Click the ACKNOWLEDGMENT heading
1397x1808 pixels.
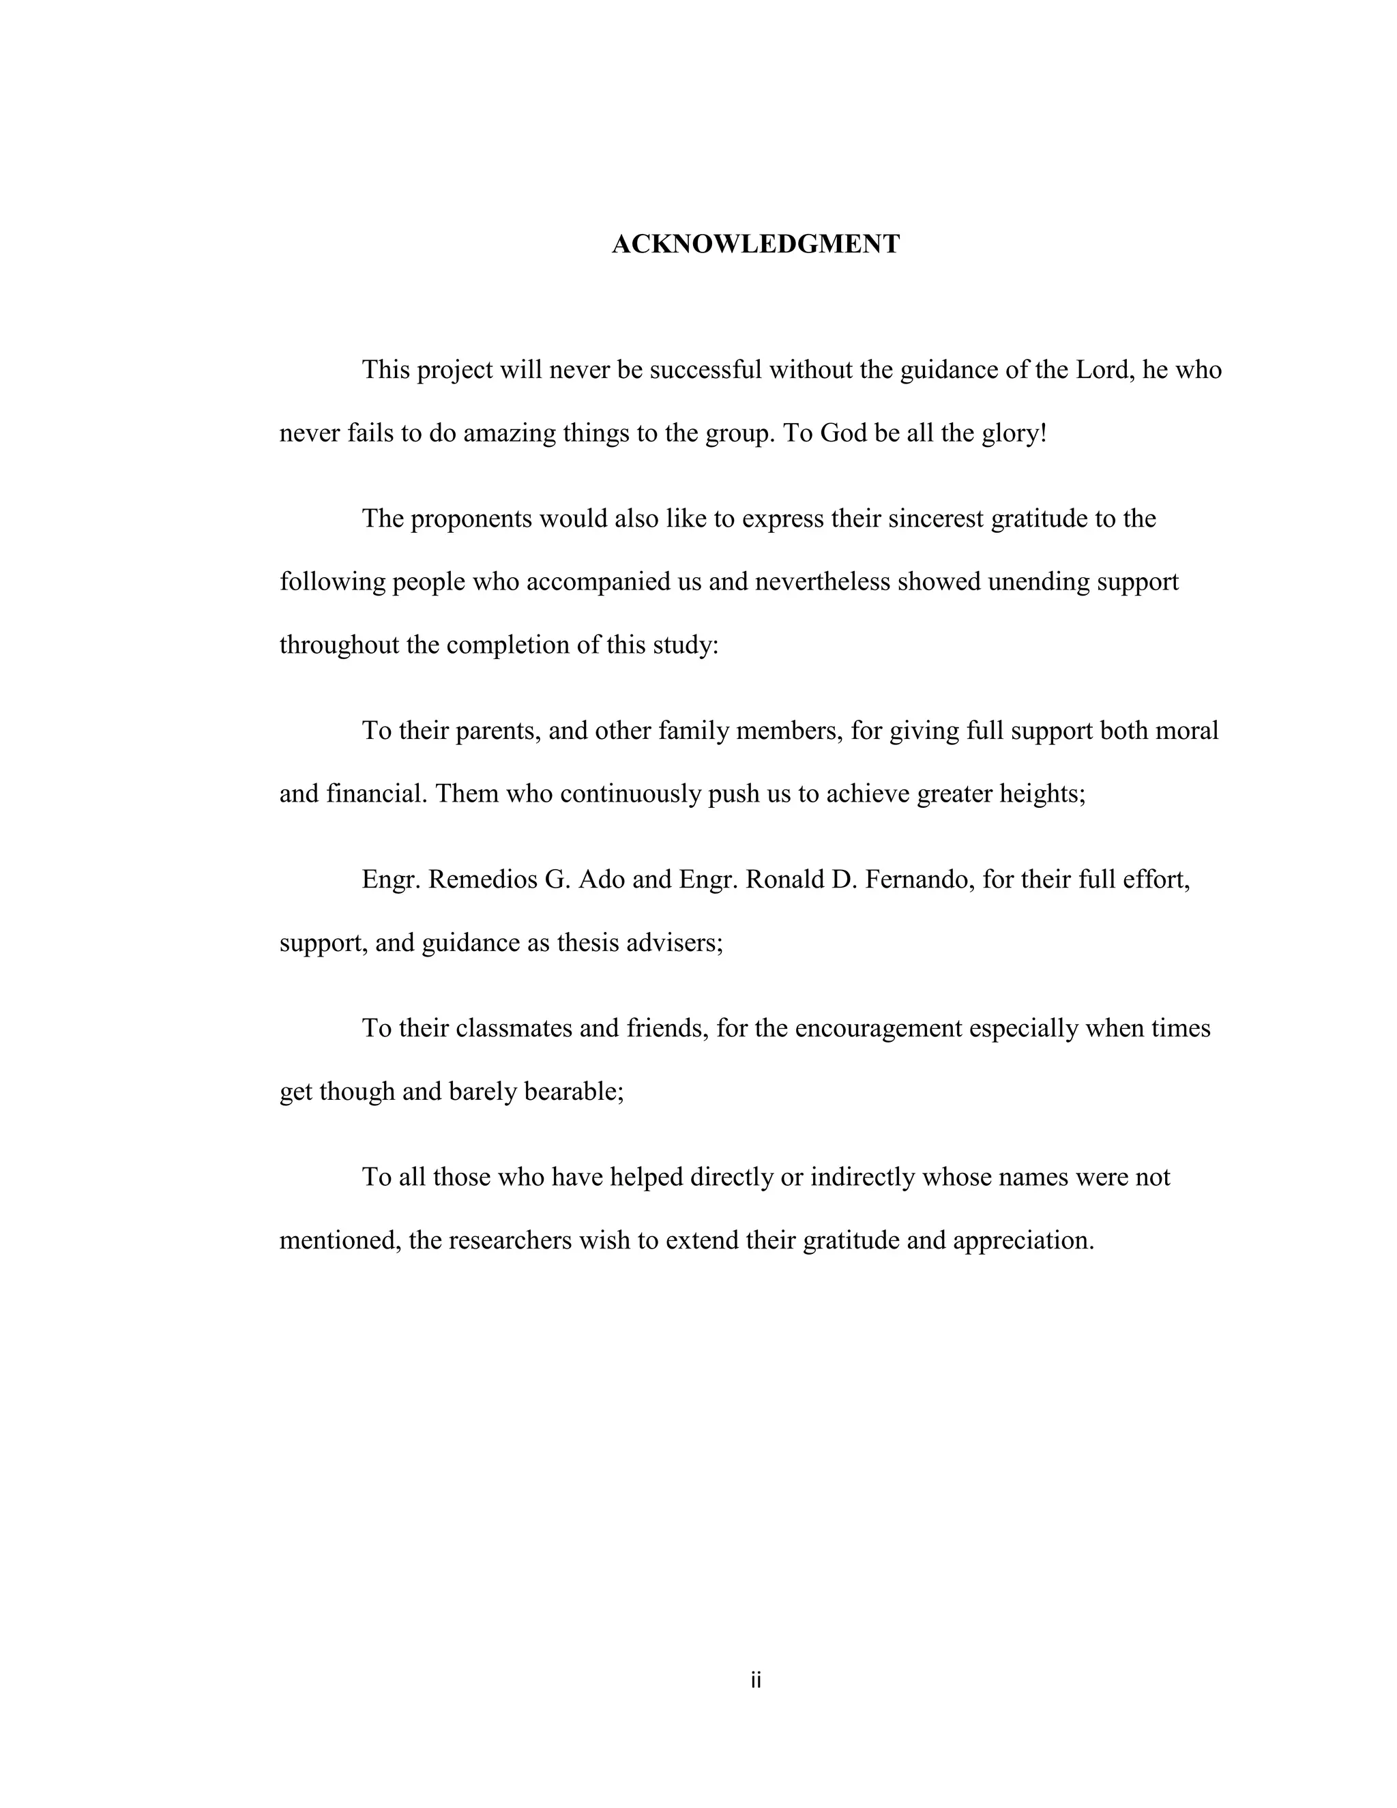tap(755, 244)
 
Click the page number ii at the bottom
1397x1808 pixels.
tap(755, 1680)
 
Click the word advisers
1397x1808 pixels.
tap(675, 943)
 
